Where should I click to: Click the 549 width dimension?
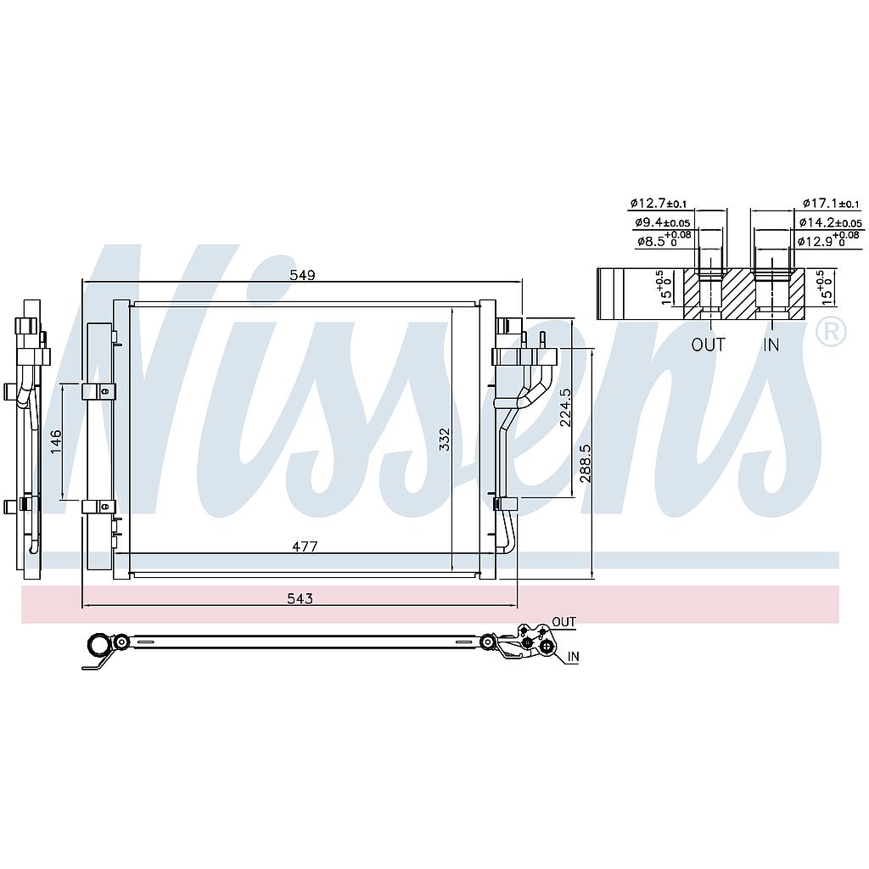tap(303, 275)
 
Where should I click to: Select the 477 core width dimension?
tap(305, 547)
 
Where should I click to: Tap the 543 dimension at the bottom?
tap(300, 598)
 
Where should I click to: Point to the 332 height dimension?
tap(445, 440)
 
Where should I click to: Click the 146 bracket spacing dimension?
tap(56, 441)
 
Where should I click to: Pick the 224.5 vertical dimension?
tap(565, 406)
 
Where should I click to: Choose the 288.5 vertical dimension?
tap(586, 463)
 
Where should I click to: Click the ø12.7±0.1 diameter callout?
tap(659, 204)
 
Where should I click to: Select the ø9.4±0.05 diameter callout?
tap(662, 223)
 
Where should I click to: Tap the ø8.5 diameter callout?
tap(664, 239)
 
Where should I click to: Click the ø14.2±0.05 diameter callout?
tap(830, 223)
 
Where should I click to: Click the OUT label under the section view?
tap(708, 345)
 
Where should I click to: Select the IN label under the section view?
tap(771, 345)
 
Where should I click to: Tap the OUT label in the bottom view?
tap(563, 622)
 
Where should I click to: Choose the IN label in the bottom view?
tap(573, 657)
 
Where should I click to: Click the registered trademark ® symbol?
tap(831, 332)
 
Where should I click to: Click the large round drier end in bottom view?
tap(101, 645)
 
